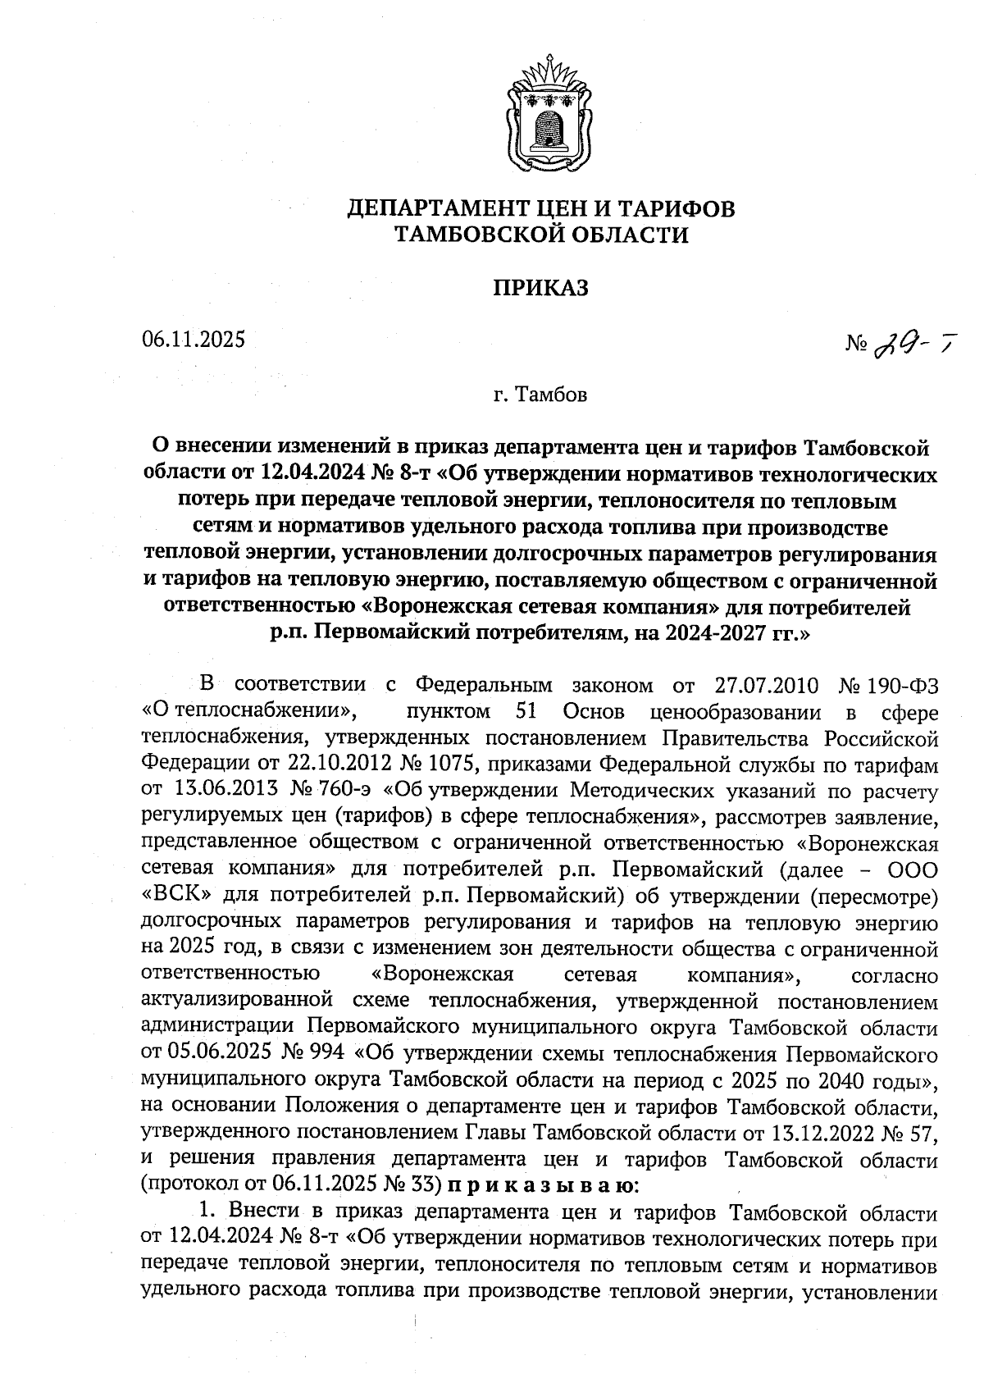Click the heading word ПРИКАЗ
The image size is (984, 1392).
pyautogui.click(x=540, y=288)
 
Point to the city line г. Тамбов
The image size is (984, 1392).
pyautogui.click(x=540, y=396)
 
